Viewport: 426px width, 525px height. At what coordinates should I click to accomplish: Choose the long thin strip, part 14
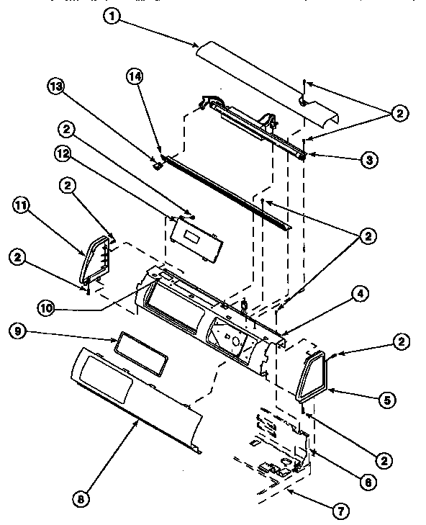tap(223, 191)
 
